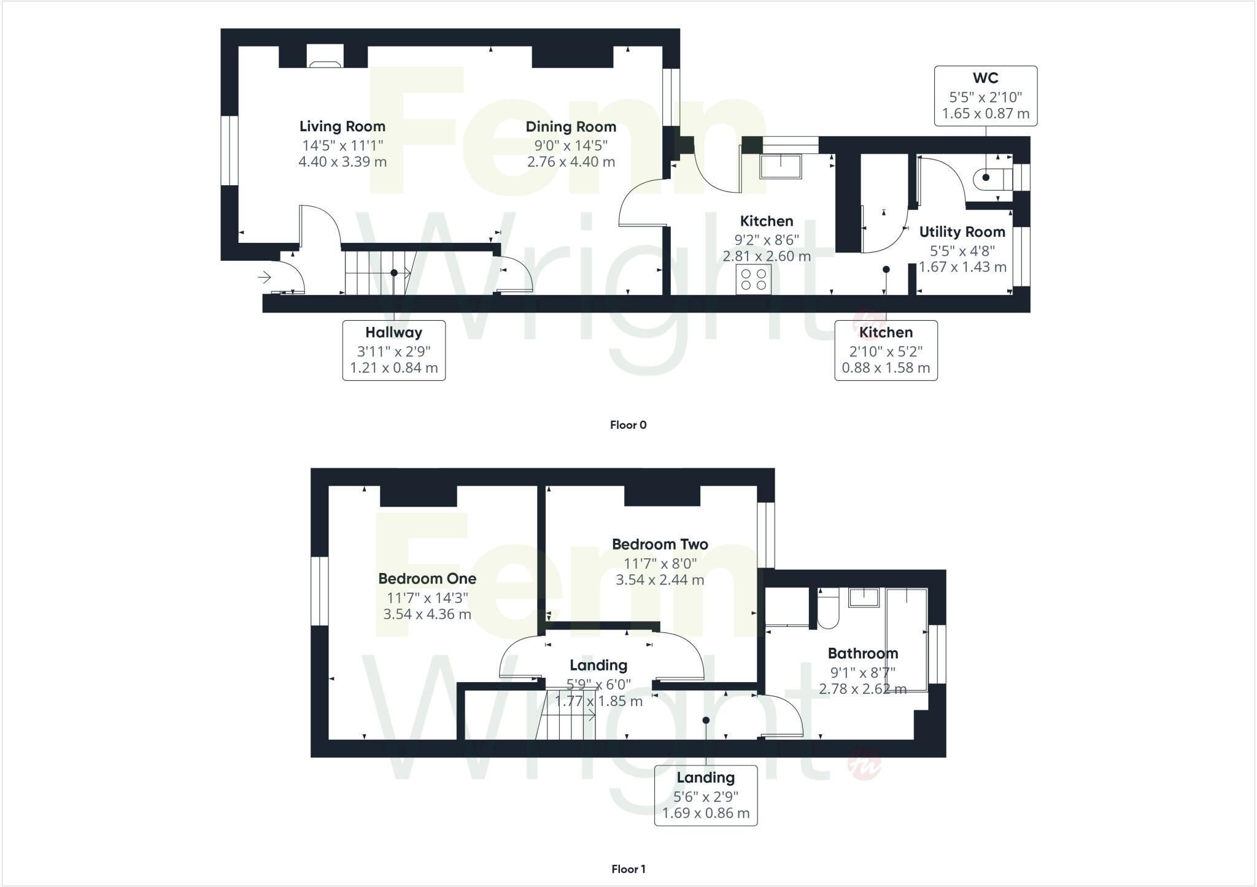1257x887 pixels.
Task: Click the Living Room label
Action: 342,126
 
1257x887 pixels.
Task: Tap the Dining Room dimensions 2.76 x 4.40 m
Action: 570,162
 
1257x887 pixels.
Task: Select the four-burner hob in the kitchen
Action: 754,279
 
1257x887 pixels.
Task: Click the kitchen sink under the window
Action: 780,166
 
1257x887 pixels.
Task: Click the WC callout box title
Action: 985,78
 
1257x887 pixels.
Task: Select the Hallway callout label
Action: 393,332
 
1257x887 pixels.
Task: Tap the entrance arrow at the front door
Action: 265,278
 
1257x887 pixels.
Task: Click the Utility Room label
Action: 962,232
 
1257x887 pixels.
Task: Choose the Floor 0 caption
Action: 628,424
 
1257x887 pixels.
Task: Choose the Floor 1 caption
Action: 628,869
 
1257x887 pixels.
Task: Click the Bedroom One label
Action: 427,578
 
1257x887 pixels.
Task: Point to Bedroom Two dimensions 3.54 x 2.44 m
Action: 660,580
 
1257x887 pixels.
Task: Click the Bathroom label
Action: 862,653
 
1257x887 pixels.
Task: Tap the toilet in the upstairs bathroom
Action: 828,610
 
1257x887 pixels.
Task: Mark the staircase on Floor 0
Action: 376,272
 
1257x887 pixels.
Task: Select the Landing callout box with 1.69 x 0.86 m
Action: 705,795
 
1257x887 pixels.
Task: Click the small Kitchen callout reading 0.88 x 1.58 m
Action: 885,350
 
